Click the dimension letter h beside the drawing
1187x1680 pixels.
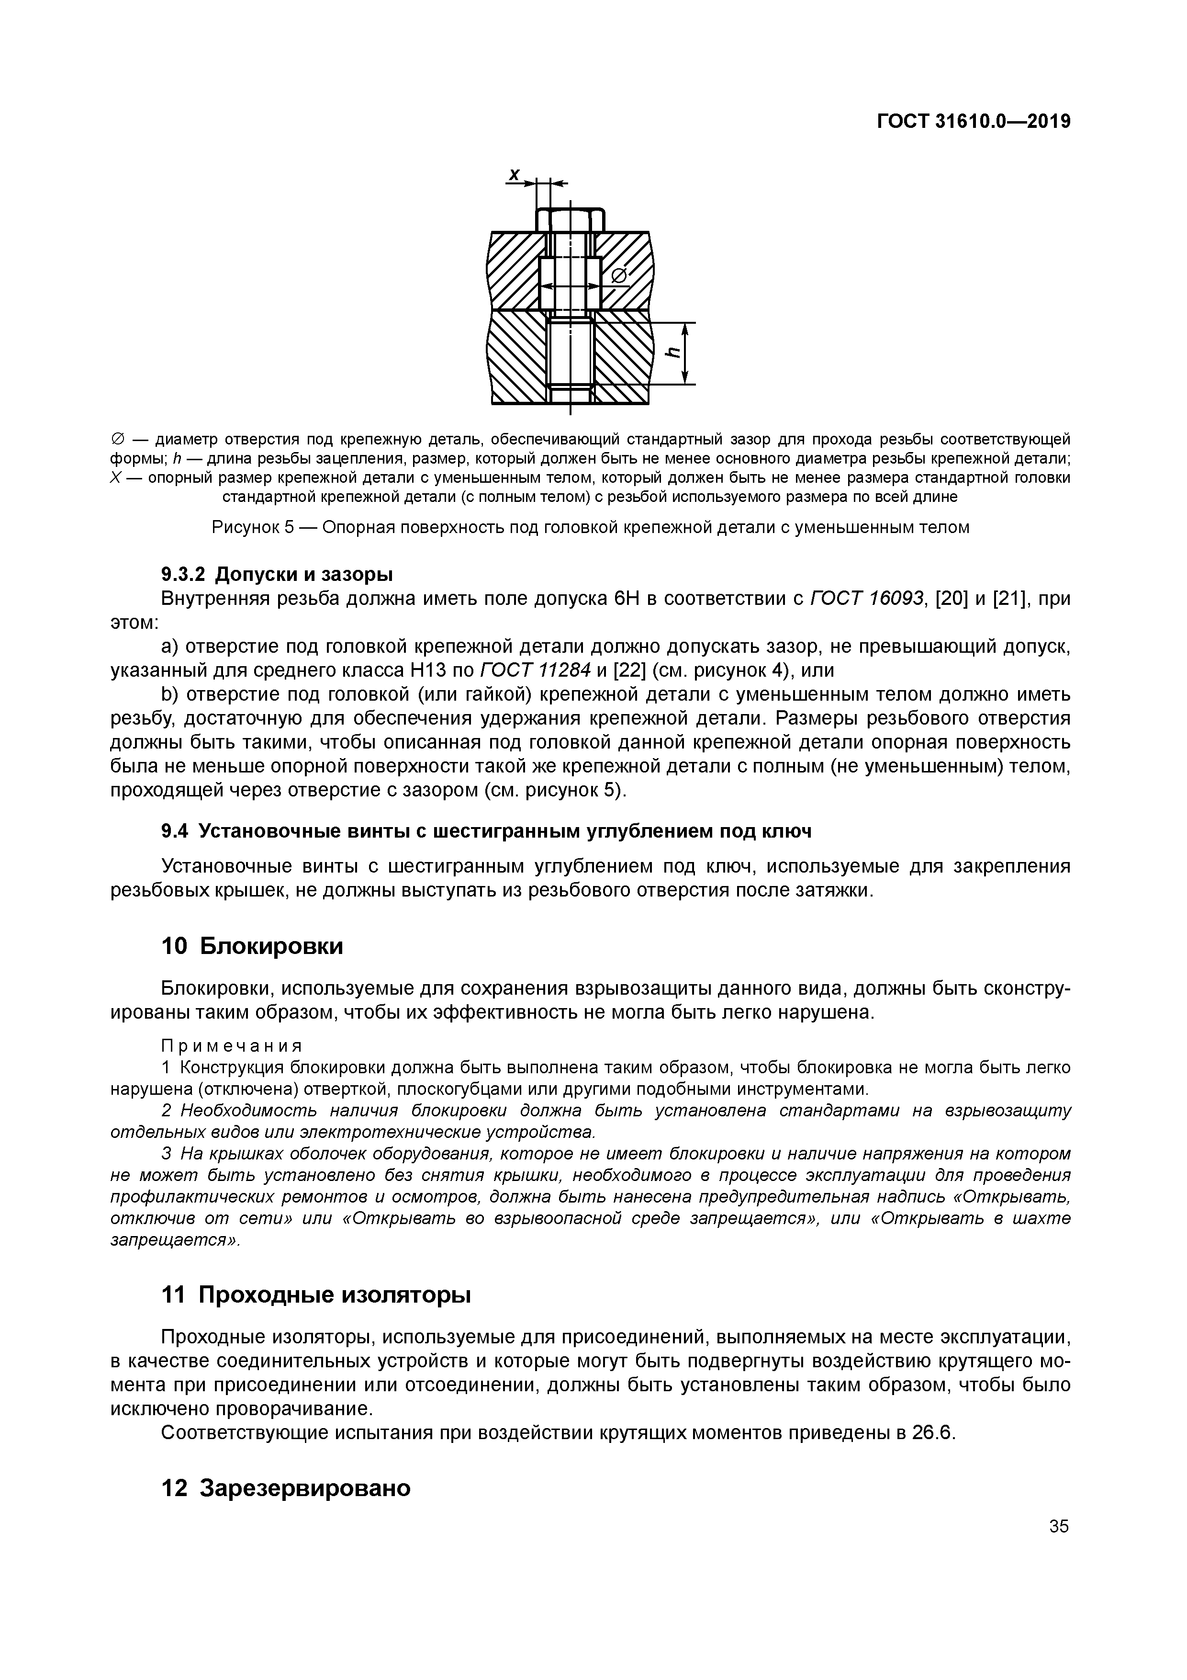point(673,352)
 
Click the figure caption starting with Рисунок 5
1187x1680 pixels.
point(590,527)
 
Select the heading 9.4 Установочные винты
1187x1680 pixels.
point(486,831)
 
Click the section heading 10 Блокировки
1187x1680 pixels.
point(252,946)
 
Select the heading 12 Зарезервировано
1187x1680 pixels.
point(285,1487)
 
